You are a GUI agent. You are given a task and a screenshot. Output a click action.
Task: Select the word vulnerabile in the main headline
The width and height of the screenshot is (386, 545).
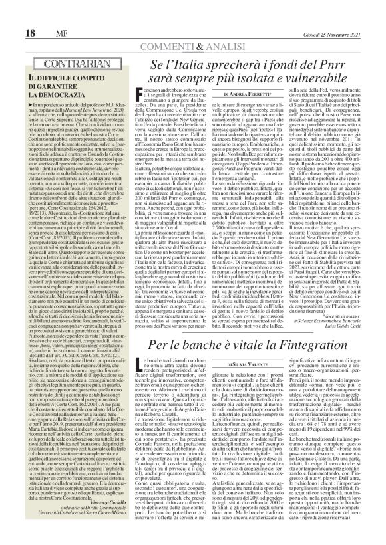(305, 64)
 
